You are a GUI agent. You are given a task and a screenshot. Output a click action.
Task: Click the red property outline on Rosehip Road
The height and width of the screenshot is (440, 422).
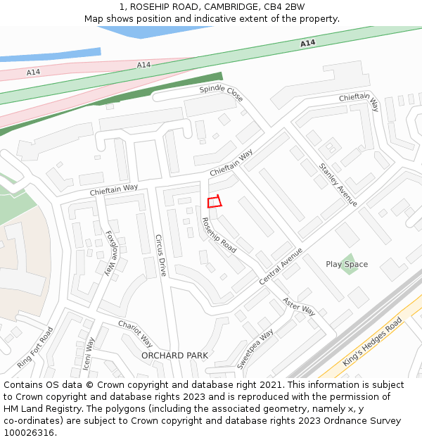(215, 203)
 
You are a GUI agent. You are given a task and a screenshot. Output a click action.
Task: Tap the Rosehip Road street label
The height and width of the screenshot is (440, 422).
(219, 235)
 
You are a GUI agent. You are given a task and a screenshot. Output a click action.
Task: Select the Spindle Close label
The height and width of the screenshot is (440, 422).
(221, 93)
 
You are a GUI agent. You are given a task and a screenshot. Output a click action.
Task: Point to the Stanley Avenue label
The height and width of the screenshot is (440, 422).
(338, 184)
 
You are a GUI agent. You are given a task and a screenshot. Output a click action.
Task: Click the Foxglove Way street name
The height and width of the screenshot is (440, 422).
(110, 252)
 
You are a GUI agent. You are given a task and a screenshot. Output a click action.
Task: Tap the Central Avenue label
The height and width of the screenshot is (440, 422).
(281, 265)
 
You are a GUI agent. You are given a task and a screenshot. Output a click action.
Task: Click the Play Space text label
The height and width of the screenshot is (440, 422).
(347, 265)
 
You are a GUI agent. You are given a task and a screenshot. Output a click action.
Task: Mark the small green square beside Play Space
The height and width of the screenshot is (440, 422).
(348, 265)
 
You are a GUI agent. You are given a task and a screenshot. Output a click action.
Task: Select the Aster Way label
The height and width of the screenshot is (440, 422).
(298, 305)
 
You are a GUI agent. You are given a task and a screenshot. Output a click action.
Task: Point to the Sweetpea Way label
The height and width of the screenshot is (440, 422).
(255, 348)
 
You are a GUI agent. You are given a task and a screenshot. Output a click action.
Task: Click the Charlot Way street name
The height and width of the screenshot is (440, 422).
(135, 334)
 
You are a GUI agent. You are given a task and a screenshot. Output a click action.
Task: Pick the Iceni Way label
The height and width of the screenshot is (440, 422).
(89, 353)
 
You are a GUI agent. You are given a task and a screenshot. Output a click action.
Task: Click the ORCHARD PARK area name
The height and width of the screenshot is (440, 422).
(174, 356)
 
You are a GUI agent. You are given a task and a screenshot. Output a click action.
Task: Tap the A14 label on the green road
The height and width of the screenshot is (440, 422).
(307, 44)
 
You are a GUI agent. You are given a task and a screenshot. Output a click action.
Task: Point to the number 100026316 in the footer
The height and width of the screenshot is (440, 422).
(29, 432)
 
